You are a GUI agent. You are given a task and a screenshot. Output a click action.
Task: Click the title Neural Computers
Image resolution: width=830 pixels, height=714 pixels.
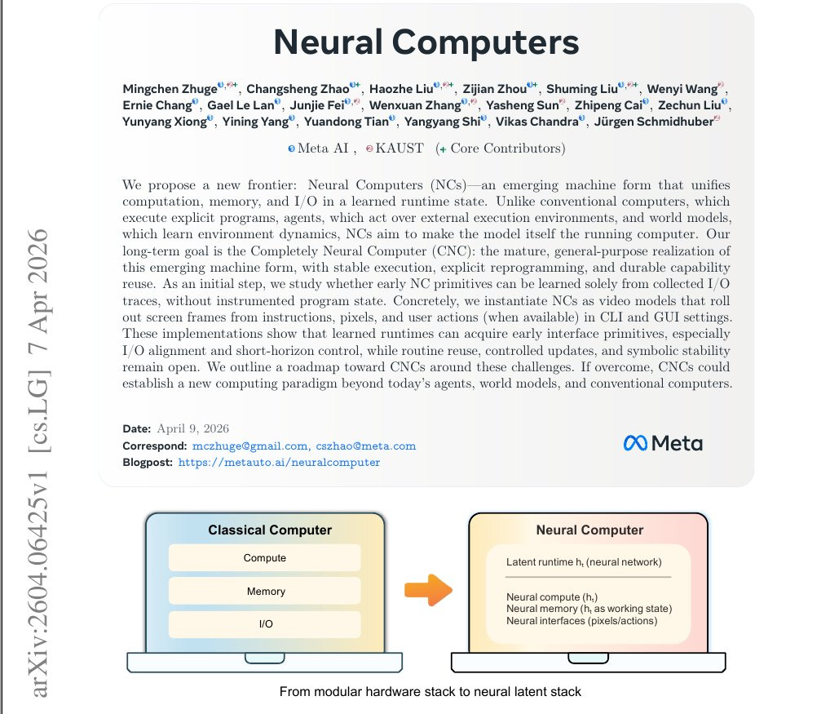(426, 42)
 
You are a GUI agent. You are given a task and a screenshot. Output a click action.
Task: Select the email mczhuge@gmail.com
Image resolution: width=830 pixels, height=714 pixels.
(249, 446)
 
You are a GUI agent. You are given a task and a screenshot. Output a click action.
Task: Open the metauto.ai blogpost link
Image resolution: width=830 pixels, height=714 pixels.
(279, 462)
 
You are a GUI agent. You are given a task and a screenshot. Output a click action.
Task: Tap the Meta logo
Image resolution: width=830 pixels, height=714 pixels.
(662, 443)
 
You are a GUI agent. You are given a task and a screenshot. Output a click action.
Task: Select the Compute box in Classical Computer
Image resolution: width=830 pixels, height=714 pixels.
(265, 558)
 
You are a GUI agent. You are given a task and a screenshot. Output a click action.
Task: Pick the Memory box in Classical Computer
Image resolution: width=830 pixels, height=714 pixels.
(265, 592)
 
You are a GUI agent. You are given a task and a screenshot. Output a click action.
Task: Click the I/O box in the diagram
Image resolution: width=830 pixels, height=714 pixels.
(265, 624)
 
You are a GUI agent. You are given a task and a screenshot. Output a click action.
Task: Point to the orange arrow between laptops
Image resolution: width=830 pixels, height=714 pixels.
(427, 589)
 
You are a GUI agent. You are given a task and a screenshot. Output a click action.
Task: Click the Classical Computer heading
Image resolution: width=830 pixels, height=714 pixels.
(270, 530)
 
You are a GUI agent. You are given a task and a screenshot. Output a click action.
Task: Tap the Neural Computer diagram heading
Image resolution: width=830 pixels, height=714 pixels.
(589, 530)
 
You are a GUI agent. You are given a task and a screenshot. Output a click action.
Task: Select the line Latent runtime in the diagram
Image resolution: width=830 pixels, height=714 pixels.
(584, 562)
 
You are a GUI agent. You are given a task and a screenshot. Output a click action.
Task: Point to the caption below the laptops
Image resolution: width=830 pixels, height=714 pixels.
(430, 692)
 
